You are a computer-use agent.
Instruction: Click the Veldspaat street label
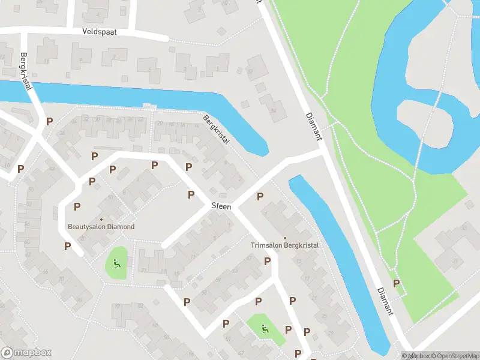(x=100, y=31)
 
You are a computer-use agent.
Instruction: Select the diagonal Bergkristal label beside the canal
(x=216, y=129)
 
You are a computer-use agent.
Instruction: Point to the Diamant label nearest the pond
(x=313, y=126)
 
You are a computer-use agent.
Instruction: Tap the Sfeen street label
(x=221, y=206)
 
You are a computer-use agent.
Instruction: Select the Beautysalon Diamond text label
(x=101, y=227)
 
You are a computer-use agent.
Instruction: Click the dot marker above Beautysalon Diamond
(x=101, y=219)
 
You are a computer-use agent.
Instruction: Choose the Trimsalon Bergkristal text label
(x=284, y=245)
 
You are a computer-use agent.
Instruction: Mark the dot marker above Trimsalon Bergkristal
(x=284, y=238)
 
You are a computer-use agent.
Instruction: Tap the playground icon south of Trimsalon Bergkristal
(x=265, y=328)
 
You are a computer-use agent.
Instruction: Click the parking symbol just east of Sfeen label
(x=260, y=196)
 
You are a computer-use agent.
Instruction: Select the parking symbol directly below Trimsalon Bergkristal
(x=267, y=261)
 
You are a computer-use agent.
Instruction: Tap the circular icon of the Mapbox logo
(x=8, y=353)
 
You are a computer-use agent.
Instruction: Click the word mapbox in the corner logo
(x=32, y=353)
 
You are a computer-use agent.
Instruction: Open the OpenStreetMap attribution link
(x=454, y=356)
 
